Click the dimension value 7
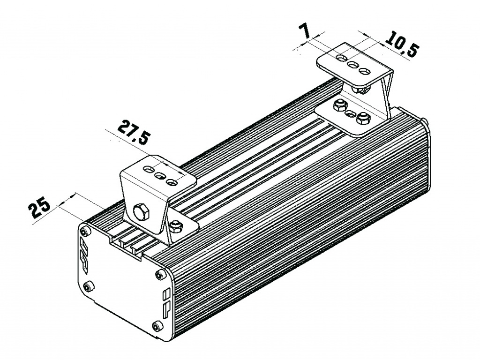(305, 31)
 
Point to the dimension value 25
(39, 207)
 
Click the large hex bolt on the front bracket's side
(141, 212)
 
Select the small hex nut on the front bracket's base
(176, 226)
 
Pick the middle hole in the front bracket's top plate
(160, 176)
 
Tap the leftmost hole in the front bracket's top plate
(149, 169)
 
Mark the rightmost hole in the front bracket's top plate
(172, 182)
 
